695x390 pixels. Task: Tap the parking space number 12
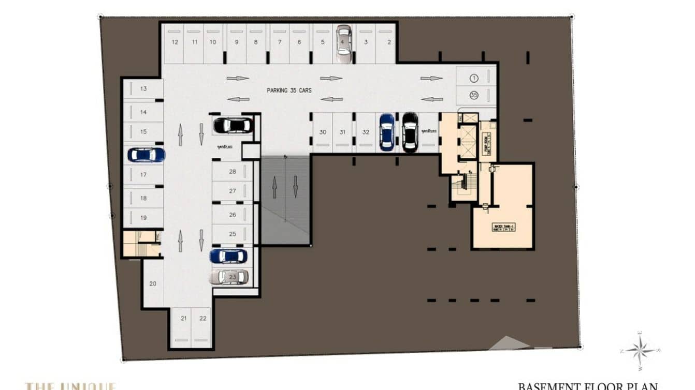click(175, 42)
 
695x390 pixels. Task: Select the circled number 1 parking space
click(473, 78)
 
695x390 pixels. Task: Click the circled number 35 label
click(473, 95)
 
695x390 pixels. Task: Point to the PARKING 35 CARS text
click(289, 91)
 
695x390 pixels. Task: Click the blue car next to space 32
click(386, 132)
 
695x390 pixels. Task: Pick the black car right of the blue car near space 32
click(410, 132)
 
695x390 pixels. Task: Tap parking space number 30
click(323, 132)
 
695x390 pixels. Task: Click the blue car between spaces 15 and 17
click(146, 154)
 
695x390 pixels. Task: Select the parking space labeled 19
click(143, 218)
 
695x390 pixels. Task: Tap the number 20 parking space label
click(153, 283)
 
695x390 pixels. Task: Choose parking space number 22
click(202, 319)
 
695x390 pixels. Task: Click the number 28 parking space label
click(233, 171)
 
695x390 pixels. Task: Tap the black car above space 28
click(233, 125)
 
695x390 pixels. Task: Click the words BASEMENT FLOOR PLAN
click(588, 386)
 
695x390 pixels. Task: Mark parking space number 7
click(280, 42)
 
